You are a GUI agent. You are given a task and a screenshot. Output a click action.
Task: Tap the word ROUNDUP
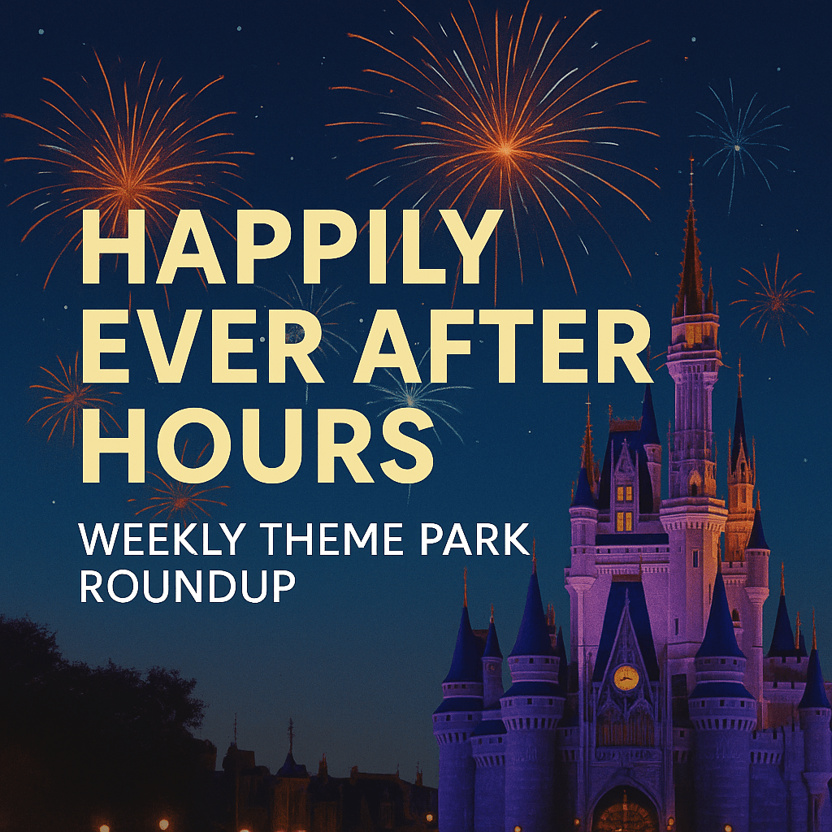click(187, 587)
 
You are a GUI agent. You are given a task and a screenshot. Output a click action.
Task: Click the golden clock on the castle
click(626, 677)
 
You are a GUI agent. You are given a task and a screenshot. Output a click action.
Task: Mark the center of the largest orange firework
click(505, 149)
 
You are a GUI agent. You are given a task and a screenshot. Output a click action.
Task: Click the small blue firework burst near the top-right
click(737, 147)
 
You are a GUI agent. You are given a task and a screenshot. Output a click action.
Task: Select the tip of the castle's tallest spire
click(691, 162)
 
